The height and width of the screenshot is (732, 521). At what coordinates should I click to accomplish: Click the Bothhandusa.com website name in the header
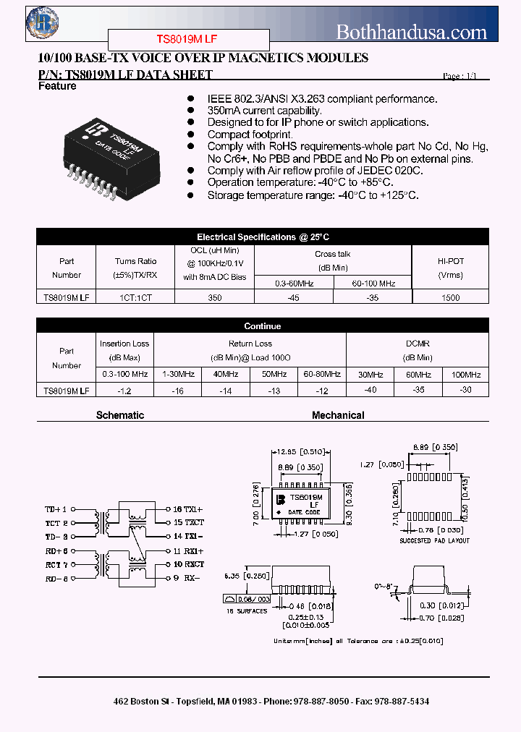coord(412,32)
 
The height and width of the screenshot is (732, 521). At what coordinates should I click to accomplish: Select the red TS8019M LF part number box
coord(189,40)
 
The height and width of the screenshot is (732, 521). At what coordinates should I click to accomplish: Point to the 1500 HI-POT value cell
coord(450,297)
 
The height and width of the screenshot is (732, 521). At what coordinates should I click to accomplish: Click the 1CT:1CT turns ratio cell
coord(135,297)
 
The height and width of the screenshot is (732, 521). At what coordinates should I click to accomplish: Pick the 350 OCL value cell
coord(214,297)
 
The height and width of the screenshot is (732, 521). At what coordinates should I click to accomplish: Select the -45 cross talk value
coord(293,297)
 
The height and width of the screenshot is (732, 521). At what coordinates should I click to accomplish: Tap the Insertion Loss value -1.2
coord(124,391)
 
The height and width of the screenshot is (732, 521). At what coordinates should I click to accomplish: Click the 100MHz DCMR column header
coord(465,375)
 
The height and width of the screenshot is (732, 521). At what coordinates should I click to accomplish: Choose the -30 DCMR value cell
coord(465,391)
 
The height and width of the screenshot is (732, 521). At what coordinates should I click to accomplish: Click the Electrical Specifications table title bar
coord(263,237)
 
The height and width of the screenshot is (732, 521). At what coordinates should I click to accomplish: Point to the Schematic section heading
coord(120,415)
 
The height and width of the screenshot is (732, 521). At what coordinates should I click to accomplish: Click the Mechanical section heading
coord(338,415)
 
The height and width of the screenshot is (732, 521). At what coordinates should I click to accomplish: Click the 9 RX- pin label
coord(186,578)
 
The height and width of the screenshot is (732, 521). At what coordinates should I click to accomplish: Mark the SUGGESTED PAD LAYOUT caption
coord(435,540)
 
